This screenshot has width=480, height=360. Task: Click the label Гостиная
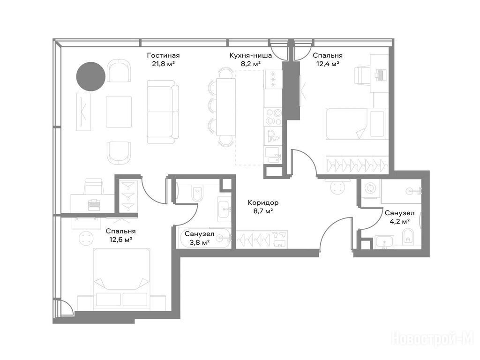pos(163,55)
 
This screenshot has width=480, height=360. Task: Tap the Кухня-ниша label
pos(251,55)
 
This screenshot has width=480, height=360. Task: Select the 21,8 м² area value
pos(163,64)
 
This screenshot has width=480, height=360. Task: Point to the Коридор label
pos(263,202)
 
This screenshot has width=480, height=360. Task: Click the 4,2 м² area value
pos(400,221)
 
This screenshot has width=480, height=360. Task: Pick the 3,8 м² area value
pos(199,242)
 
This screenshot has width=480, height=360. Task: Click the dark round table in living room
pos(91,76)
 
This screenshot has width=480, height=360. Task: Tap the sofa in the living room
pos(163,112)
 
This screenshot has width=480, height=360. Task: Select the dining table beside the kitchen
pos(226,107)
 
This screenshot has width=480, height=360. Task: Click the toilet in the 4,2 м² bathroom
pos(408,235)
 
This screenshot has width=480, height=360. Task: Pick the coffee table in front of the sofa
pos(119,112)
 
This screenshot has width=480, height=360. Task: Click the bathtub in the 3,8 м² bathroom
pos(204,238)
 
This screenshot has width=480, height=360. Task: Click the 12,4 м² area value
pos(328,64)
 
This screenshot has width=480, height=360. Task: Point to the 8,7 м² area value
pos(263,211)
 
